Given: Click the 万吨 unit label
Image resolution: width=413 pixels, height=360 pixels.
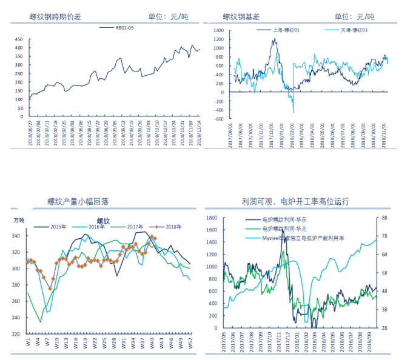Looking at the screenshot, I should click(18, 219).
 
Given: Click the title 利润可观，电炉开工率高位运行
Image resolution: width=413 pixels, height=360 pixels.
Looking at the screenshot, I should click(295, 201).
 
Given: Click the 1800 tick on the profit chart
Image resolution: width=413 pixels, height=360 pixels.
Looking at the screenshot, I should click(212, 218).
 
